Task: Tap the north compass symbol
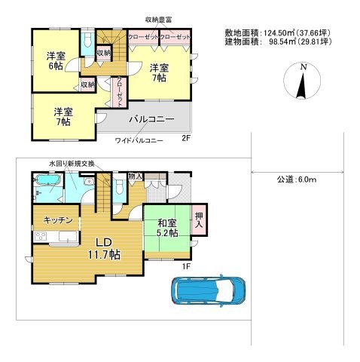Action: [302, 82]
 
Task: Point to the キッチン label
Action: [57, 220]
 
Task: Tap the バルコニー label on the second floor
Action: [151, 120]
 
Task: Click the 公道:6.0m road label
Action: [295, 179]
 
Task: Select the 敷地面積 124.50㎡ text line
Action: [279, 32]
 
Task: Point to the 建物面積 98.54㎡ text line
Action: [279, 43]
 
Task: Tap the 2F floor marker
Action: [185, 140]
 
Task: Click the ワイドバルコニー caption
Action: [139, 140]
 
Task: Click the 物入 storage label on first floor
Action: [136, 176]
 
